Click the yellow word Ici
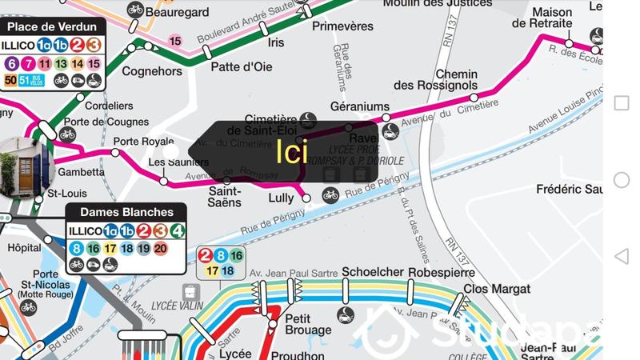(x=292, y=152)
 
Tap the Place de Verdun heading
(x=53, y=27)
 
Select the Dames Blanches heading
(x=126, y=213)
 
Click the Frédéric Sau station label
(x=570, y=190)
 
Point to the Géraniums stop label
(x=359, y=106)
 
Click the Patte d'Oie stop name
(x=242, y=67)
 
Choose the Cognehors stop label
(x=152, y=71)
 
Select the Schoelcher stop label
(x=372, y=273)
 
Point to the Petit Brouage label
(x=308, y=324)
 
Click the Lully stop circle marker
(x=307, y=198)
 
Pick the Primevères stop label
(x=342, y=26)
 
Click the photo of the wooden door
(x=24, y=166)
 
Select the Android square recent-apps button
(x=622, y=103)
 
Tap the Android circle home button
(x=622, y=180)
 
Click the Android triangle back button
(x=622, y=256)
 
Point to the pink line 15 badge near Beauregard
(x=176, y=41)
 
